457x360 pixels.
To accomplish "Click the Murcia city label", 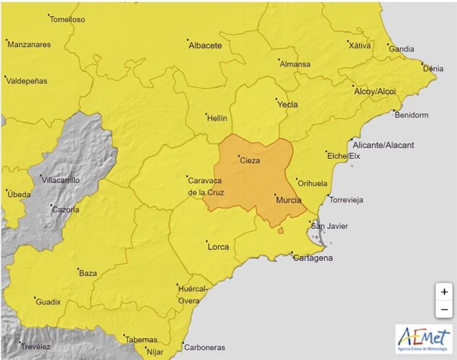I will pyautogui.click(x=288, y=200).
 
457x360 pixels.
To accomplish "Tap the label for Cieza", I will pyautogui.click(x=250, y=160).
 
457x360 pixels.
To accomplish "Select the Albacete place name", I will pyautogui.click(x=205, y=46).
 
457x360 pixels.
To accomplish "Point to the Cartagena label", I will pyautogui.click(x=313, y=258).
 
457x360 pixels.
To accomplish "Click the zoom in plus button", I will pyautogui.click(x=444, y=291).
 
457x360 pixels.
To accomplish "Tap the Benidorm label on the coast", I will pyautogui.click(x=411, y=115).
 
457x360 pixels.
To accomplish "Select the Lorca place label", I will pyautogui.click(x=219, y=247).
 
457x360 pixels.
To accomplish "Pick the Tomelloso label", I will pyautogui.click(x=68, y=19).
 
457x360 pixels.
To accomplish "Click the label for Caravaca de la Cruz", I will pyautogui.click(x=206, y=187).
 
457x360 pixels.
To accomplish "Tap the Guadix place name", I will pyautogui.click(x=48, y=302).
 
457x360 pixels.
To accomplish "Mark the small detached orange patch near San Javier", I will pyautogui.click(x=280, y=230).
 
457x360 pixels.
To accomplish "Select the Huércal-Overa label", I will pyautogui.click(x=193, y=295).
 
